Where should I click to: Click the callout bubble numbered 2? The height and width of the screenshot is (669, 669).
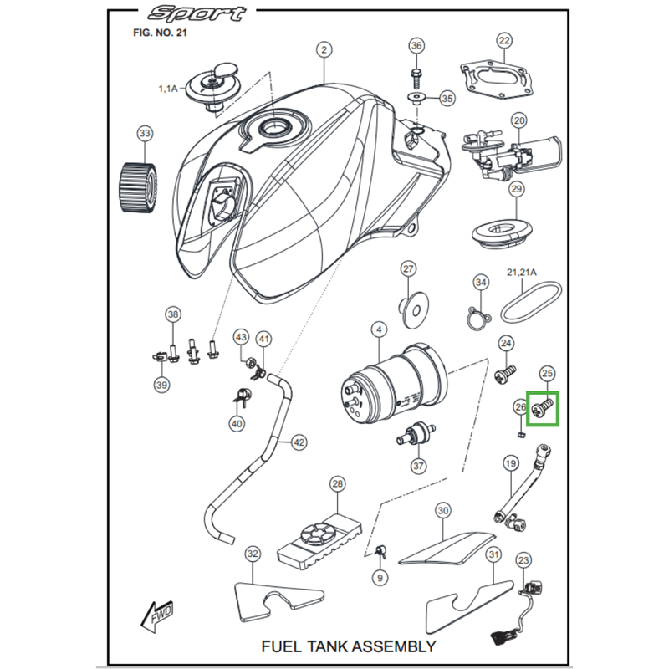324,50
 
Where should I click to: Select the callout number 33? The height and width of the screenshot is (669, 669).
146,134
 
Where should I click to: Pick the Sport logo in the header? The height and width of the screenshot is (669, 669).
197,14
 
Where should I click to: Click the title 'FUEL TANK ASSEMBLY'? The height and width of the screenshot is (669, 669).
348,646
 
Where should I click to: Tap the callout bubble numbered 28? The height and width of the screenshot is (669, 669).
337,484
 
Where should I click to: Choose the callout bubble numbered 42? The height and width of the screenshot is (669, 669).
299,441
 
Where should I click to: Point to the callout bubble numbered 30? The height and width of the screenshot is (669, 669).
443,510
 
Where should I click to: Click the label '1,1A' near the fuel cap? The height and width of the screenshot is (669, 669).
168,87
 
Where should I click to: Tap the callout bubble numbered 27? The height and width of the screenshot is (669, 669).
408,268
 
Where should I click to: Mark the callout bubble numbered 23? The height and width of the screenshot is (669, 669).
523,559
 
